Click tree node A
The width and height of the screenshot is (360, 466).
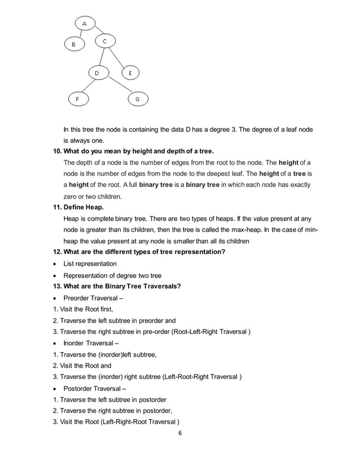click(x=85, y=24)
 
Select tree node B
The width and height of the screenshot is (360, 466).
click(x=73, y=44)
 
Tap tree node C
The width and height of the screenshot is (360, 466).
click(x=105, y=41)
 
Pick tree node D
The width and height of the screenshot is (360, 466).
click(x=96, y=73)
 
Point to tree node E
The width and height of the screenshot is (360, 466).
click(x=130, y=73)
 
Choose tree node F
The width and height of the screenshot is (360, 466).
click(x=77, y=99)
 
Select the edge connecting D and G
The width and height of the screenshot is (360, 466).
click(x=118, y=85)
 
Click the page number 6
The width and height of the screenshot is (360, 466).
click(x=179, y=433)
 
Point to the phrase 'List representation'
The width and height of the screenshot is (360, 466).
click(x=90, y=263)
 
